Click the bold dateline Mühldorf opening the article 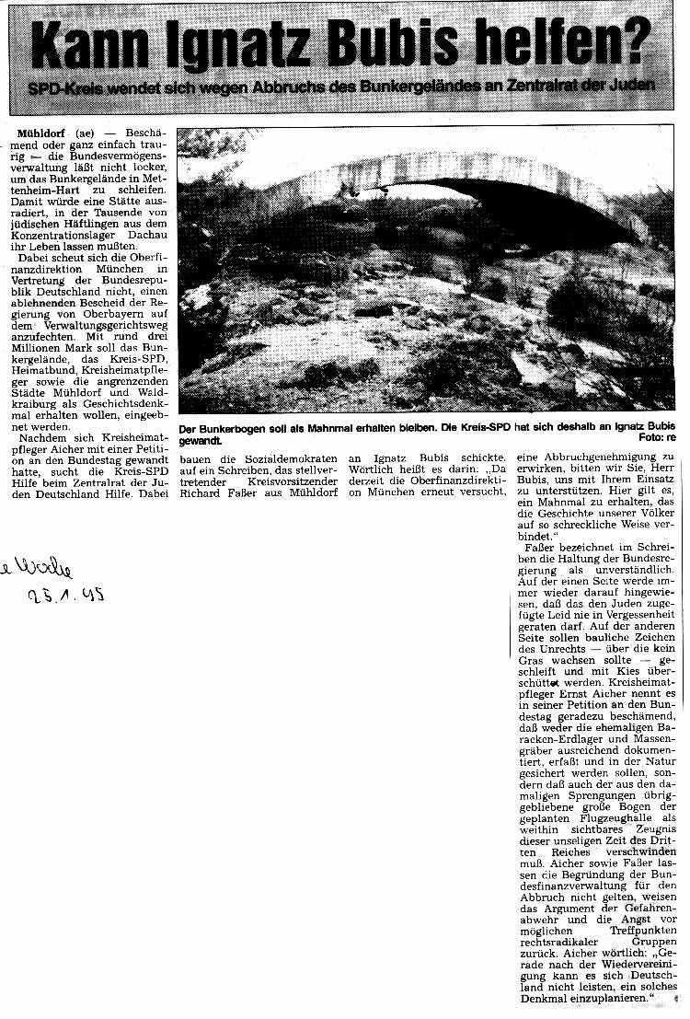[41, 133]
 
